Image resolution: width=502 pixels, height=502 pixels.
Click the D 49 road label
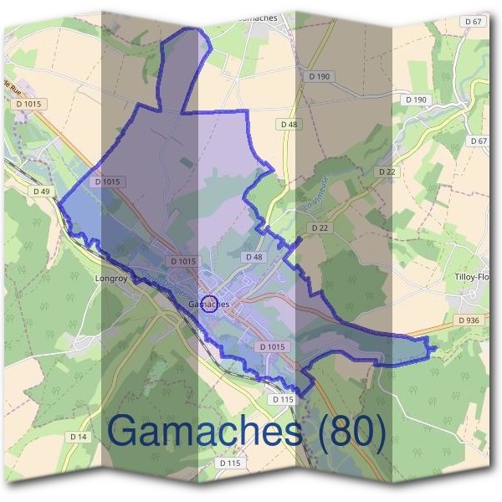(x=43, y=192)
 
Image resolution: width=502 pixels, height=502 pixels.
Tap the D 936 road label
(x=469, y=320)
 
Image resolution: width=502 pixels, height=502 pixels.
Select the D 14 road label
(x=79, y=437)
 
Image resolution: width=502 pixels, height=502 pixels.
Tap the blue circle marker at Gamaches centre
(x=210, y=304)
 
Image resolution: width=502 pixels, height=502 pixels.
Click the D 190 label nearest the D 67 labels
(x=416, y=100)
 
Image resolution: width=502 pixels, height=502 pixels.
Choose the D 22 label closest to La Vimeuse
(x=319, y=227)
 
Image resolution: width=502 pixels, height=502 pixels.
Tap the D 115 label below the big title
(x=230, y=463)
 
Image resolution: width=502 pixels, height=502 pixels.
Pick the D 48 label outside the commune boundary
(x=289, y=124)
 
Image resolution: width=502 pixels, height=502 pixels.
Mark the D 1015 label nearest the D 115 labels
(x=273, y=346)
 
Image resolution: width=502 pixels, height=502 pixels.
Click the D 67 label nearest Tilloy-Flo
(x=478, y=141)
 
